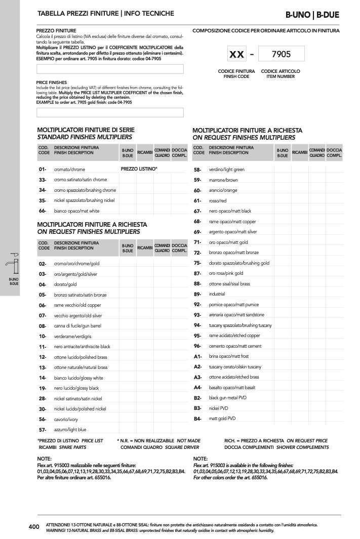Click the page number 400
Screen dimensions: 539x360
click(34, 527)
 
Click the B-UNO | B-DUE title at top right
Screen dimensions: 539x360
click(312, 15)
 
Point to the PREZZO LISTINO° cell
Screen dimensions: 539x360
click(139, 168)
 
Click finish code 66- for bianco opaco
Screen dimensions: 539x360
click(43, 211)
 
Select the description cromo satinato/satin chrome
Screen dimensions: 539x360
click(81, 180)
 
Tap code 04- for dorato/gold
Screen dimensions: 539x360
click(43, 284)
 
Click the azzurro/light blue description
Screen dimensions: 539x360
click(70, 430)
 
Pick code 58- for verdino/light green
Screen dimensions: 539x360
click(197, 170)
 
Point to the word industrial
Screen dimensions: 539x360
click(217, 294)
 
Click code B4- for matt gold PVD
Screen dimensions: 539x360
click(197, 419)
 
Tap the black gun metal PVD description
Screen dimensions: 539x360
click(227, 398)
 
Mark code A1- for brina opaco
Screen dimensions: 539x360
click(197, 356)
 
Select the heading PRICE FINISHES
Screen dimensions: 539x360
click(52, 82)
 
